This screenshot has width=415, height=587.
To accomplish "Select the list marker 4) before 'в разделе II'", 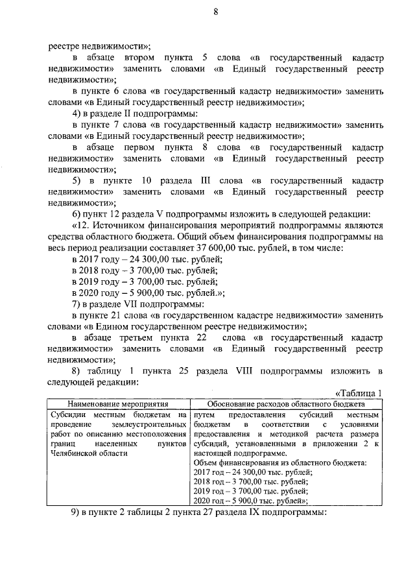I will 78,114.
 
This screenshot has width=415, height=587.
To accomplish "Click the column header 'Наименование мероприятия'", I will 117,403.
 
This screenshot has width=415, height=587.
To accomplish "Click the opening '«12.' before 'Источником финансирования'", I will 82,225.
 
